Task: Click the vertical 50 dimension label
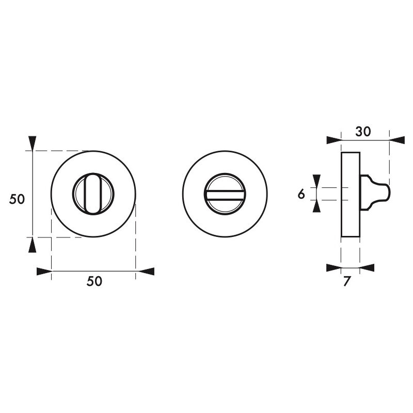coord(17,199)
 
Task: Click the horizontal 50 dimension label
coord(94,281)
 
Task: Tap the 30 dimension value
coord(363,132)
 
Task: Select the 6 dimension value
coord(301,194)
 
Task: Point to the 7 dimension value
coord(346,281)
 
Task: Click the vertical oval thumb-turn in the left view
coord(93,194)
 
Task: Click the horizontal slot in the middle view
coord(225,195)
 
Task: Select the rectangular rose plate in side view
coord(351,195)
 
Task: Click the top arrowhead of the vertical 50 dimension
coord(33,144)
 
